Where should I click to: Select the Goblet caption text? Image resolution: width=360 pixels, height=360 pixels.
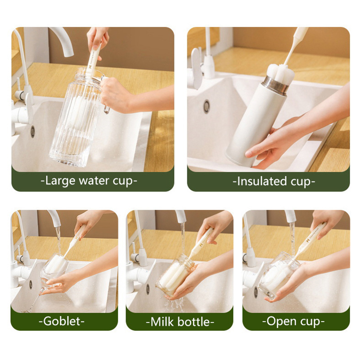click(x=62, y=321)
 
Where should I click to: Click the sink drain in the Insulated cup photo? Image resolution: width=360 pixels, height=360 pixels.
click(x=207, y=107)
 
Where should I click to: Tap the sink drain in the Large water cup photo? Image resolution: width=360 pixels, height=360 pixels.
click(x=33, y=132)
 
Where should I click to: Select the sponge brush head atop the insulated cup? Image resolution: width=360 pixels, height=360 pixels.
click(x=280, y=73)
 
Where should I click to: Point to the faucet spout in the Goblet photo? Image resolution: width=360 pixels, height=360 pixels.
click(x=54, y=218)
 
